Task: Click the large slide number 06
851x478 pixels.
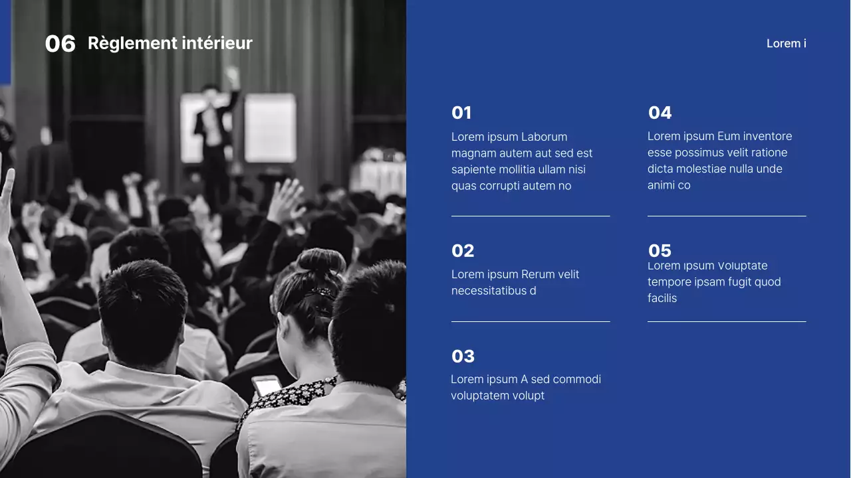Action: pyautogui.click(x=60, y=44)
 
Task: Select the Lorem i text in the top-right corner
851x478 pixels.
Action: pyautogui.click(x=786, y=44)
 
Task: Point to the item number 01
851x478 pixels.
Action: pyautogui.click(x=461, y=113)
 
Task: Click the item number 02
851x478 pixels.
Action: pyautogui.click(x=463, y=251)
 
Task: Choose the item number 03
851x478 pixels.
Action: pyautogui.click(x=463, y=357)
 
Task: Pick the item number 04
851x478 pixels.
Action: pyautogui.click(x=660, y=113)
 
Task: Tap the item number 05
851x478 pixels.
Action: pyautogui.click(x=660, y=251)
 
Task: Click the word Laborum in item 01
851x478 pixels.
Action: pyautogui.click(x=544, y=137)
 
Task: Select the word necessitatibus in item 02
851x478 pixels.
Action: pyautogui.click(x=489, y=291)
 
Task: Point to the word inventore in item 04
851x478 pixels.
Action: pyautogui.click(x=767, y=137)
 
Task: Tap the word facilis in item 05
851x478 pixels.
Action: pyautogui.click(x=662, y=299)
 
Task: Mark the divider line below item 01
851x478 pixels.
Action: pyautogui.click(x=530, y=216)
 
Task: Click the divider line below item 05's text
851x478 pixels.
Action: pyautogui.click(x=726, y=321)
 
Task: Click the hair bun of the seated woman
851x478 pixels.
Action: pyautogui.click(x=321, y=262)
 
